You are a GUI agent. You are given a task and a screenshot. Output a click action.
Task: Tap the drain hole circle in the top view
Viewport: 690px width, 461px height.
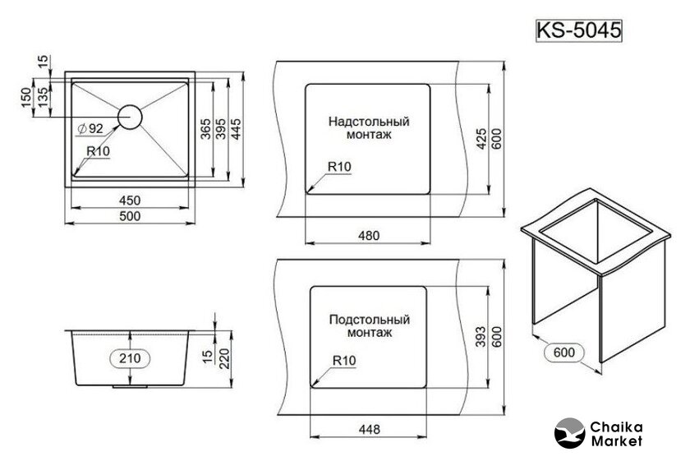coord(130,117)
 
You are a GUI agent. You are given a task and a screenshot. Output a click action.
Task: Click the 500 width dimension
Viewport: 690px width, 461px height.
coord(130,216)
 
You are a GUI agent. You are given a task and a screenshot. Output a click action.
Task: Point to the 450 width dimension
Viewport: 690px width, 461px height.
coord(130,201)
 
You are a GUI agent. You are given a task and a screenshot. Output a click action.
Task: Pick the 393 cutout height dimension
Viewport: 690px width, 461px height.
coord(480,334)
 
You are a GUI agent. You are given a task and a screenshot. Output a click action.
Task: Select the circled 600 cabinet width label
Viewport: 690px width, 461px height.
coord(563,353)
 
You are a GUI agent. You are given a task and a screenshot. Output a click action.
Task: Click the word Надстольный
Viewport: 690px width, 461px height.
coord(369,121)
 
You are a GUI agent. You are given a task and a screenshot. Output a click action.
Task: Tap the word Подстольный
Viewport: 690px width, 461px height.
coord(369,320)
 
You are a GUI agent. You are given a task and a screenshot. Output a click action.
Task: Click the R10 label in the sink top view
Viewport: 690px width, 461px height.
coord(99,150)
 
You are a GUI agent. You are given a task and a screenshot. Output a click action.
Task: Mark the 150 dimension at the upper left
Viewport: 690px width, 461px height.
coord(25,96)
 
